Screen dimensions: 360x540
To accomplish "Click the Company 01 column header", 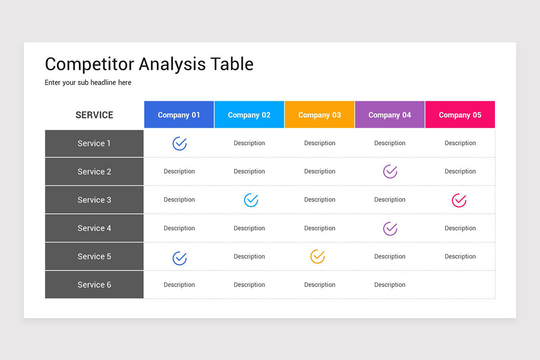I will [179, 115].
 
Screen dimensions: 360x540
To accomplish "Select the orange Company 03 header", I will [319, 115].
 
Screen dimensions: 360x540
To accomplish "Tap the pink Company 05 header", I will [460, 115].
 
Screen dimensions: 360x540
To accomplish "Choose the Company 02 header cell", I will [249, 115].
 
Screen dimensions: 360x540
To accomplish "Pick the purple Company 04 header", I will [390, 115].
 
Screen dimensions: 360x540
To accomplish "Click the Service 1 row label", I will [94, 144].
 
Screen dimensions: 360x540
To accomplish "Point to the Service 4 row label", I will [94, 228].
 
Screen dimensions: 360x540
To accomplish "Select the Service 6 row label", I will [94, 285].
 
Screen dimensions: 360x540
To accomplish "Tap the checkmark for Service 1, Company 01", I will [180, 144].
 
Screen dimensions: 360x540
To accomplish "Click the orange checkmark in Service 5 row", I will [318, 256].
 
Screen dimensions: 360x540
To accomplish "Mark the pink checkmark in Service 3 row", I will [459, 200].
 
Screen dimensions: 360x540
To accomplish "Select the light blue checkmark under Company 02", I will [251, 200].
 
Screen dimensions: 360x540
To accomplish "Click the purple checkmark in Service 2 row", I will [390, 171].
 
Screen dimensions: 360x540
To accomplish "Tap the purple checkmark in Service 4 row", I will [390, 229].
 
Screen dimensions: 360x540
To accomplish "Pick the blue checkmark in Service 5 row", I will [180, 258].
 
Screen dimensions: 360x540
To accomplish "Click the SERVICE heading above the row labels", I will [94, 115].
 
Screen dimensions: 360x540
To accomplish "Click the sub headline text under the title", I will [88, 83].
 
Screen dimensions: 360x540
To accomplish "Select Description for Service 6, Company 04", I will [390, 285].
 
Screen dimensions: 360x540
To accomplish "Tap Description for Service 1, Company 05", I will [460, 143].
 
